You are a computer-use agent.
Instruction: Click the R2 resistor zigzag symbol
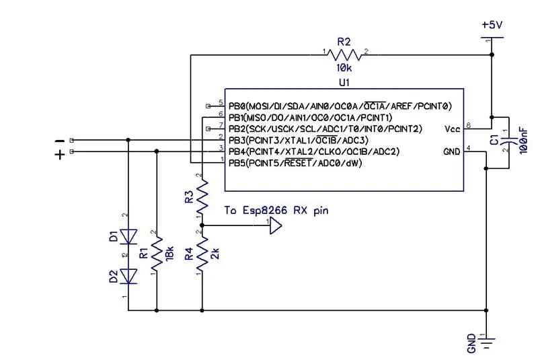pos(344,55)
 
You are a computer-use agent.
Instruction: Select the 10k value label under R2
pos(344,68)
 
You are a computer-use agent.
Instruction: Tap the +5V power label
pos(492,25)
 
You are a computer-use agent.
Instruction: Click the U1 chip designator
pos(344,83)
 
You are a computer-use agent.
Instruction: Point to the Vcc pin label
pos(452,129)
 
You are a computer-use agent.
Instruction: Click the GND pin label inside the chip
pos(451,151)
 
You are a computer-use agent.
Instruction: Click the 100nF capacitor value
pos(524,141)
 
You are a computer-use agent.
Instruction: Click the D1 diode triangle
pos(128,237)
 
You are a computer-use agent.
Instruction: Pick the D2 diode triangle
pos(128,277)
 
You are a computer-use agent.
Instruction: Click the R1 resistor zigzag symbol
pos(157,253)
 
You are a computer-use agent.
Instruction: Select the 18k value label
pos(170,254)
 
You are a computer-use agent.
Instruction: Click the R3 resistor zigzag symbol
pos(202,196)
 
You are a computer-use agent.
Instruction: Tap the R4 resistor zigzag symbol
pos(202,253)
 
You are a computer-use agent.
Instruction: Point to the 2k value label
pos(215,254)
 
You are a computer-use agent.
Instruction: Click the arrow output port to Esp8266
pos(276,226)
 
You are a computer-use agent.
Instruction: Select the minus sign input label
pos(60,141)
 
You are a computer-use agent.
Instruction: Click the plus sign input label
pos(60,155)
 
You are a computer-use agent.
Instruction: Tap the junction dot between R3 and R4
pos(202,225)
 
